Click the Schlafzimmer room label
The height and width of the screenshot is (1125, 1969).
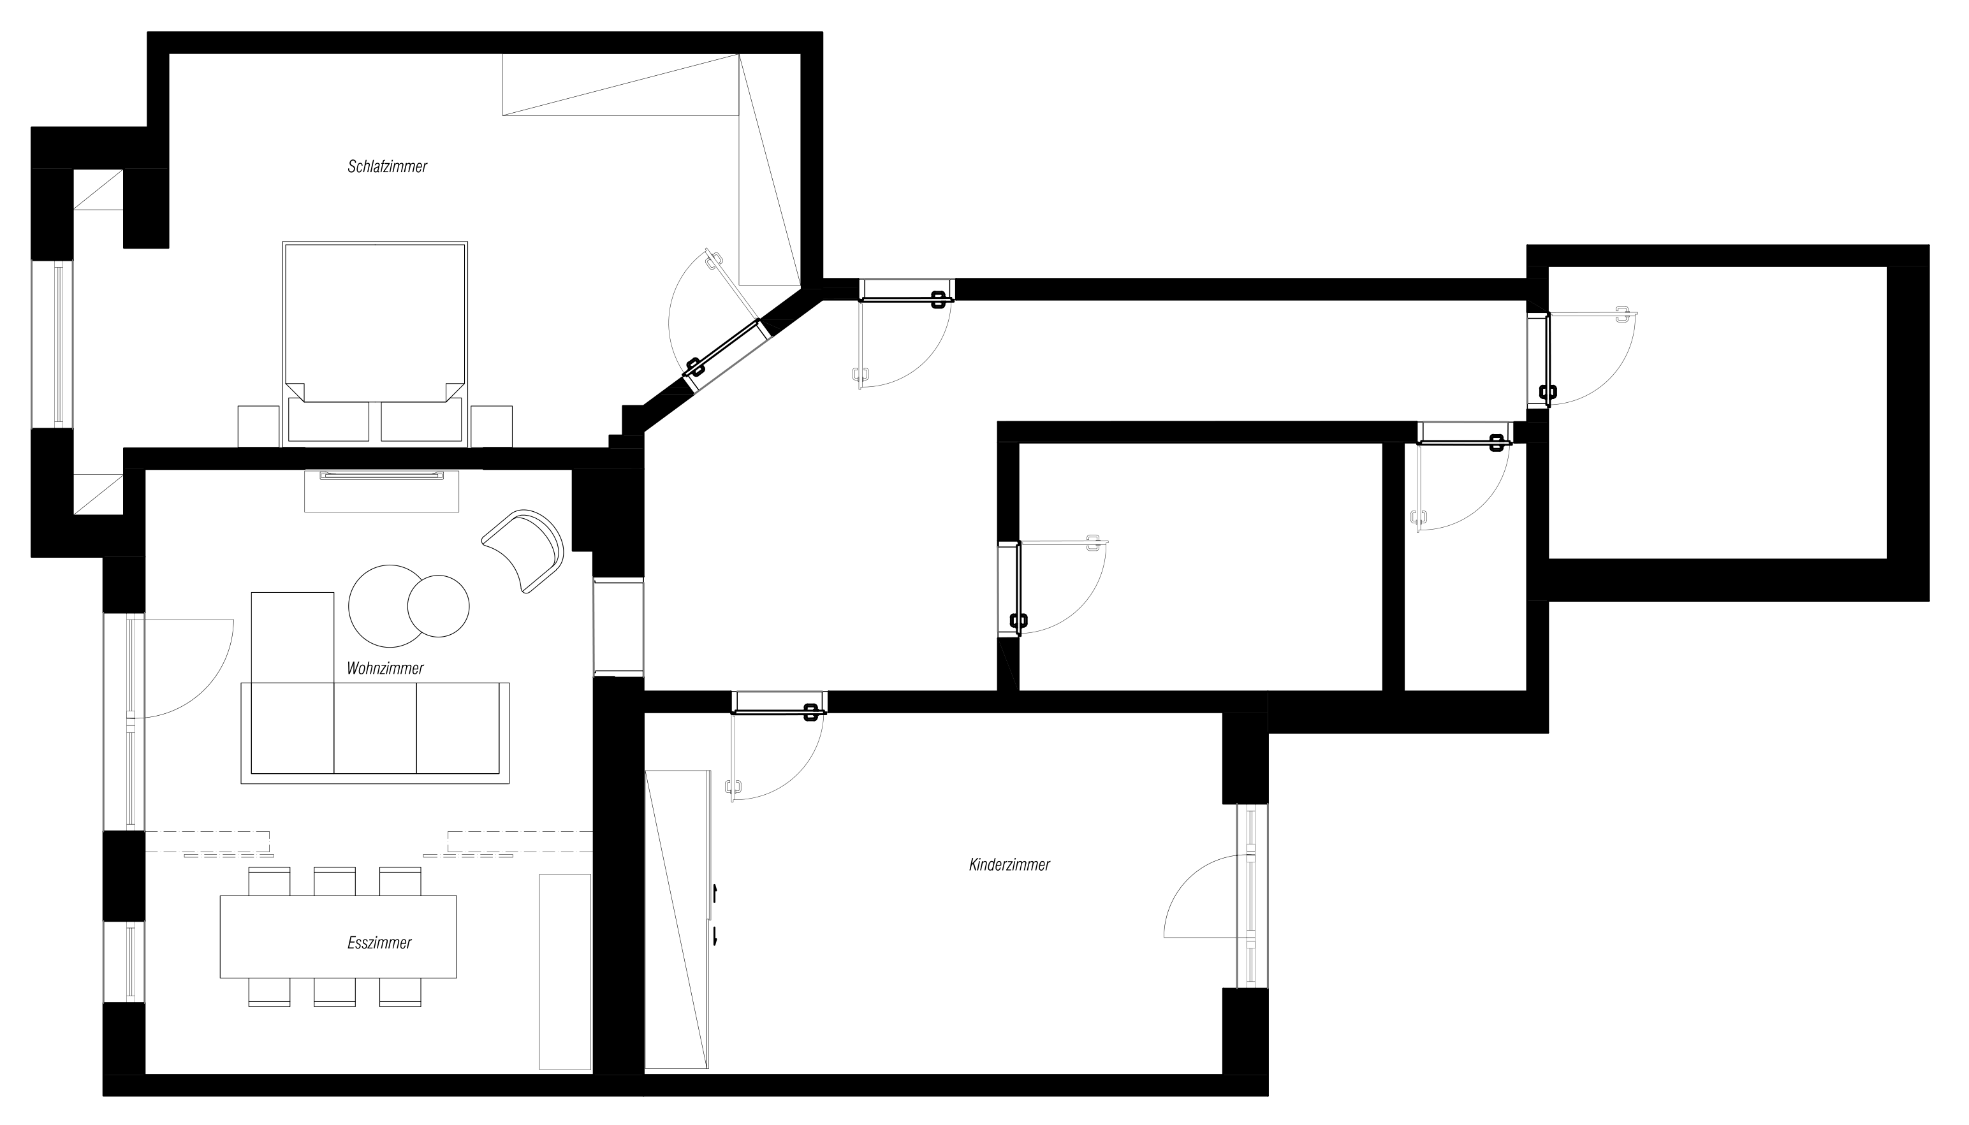[x=387, y=166]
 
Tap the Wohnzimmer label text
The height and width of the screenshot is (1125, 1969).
[x=385, y=669]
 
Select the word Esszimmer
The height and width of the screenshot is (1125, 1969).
[x=379, y=943]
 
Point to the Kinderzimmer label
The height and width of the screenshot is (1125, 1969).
[x=1009, y=864]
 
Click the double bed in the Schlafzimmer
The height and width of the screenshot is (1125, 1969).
[x=375, y=344]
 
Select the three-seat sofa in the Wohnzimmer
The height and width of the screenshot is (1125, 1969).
[x=375, y=732]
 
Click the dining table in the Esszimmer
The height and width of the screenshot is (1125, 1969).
[x=339, y=936]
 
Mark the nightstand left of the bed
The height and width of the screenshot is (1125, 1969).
[x=258, y=426]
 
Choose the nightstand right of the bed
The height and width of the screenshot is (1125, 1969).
[x=492, y=426]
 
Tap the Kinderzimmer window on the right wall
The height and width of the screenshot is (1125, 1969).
[x=1252, y=896]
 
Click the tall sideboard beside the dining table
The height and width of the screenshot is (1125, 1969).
[x=565, y=972]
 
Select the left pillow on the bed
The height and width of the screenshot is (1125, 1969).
[x=328, y=419]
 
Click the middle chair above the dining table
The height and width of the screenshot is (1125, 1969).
[x=335, y=882]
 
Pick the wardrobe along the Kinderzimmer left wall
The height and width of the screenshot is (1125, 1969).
[x=678, y=920]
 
